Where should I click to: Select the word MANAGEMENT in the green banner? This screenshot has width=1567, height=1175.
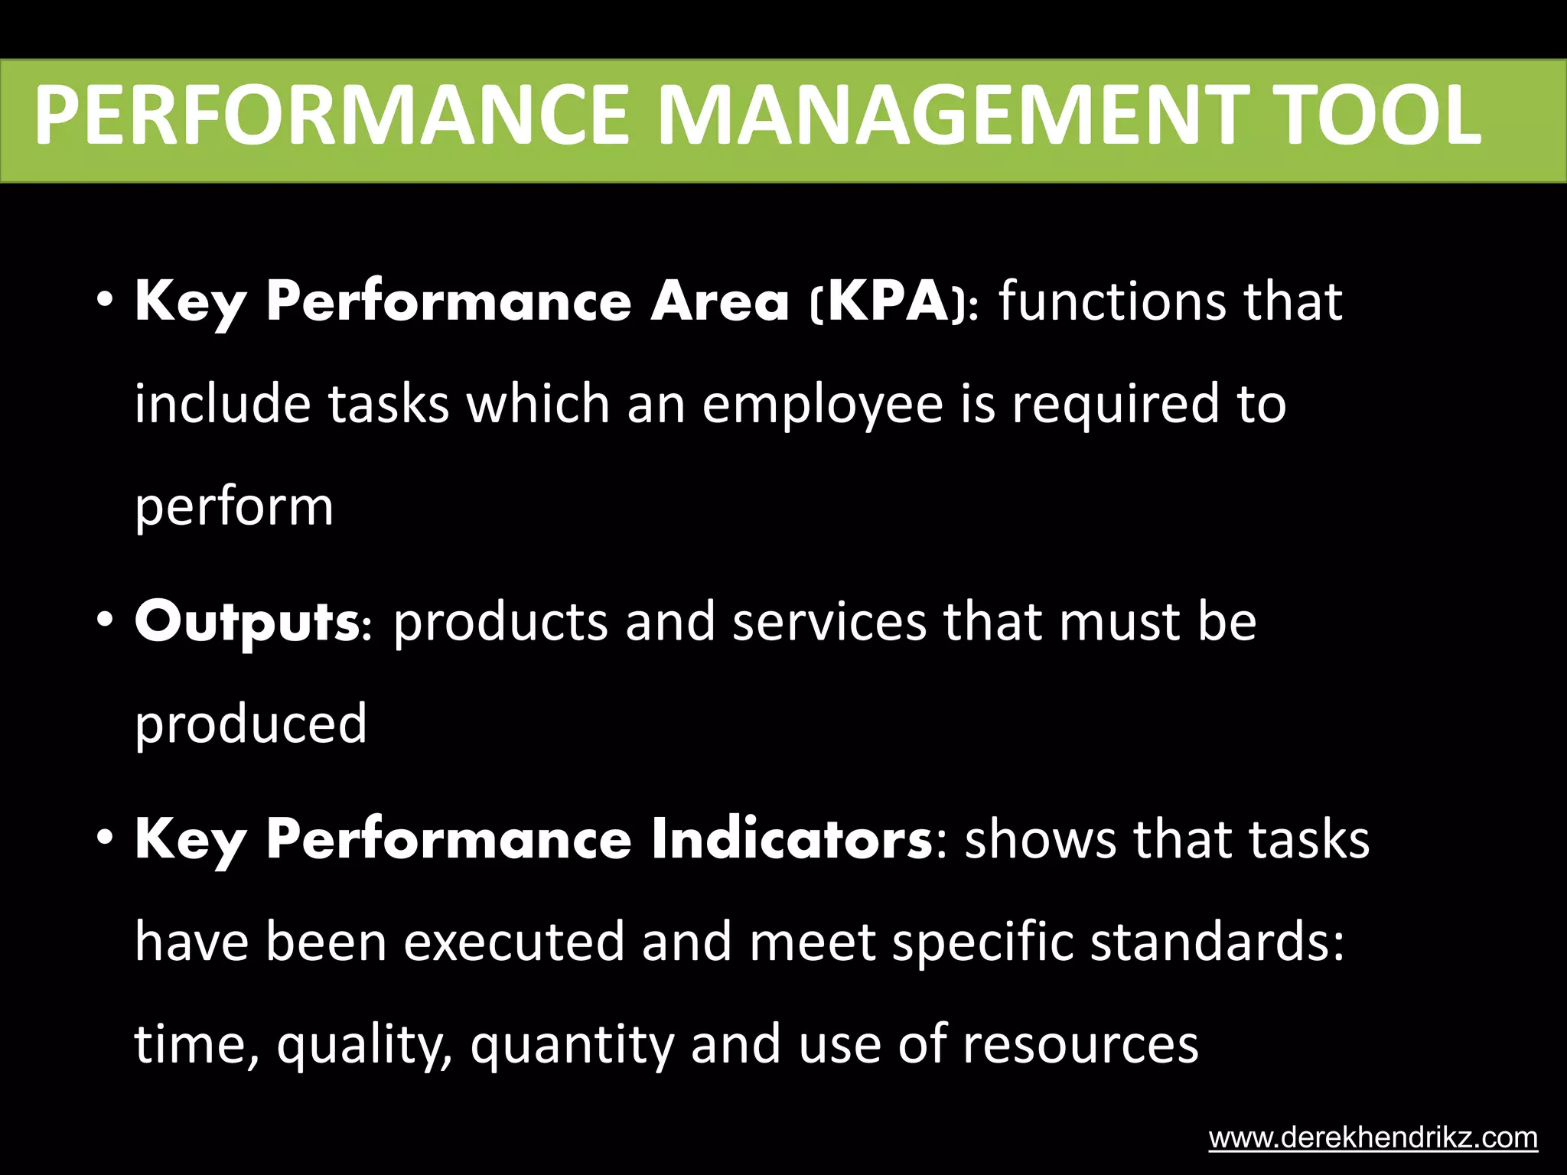[952, 116]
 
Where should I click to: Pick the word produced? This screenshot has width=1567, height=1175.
[251, 724]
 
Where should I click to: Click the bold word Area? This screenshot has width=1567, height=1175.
[719, 301]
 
